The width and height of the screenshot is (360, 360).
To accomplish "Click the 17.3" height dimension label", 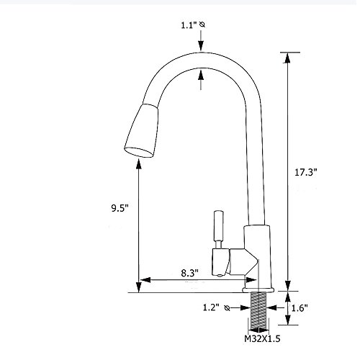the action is [306, 172].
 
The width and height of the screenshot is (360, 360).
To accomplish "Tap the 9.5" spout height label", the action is [120, 208].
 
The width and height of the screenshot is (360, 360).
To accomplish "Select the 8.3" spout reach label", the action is [189, 273].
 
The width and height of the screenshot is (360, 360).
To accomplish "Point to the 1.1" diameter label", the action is [189, 25].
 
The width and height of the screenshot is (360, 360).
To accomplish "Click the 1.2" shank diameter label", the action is [211, 307].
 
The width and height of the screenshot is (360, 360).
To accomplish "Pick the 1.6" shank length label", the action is [300, 308].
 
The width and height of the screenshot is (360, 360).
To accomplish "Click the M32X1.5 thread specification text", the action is [262, 339].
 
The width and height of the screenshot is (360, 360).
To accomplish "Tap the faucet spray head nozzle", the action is [142, 131].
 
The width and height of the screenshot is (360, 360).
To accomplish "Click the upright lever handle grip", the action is [219, 225].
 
